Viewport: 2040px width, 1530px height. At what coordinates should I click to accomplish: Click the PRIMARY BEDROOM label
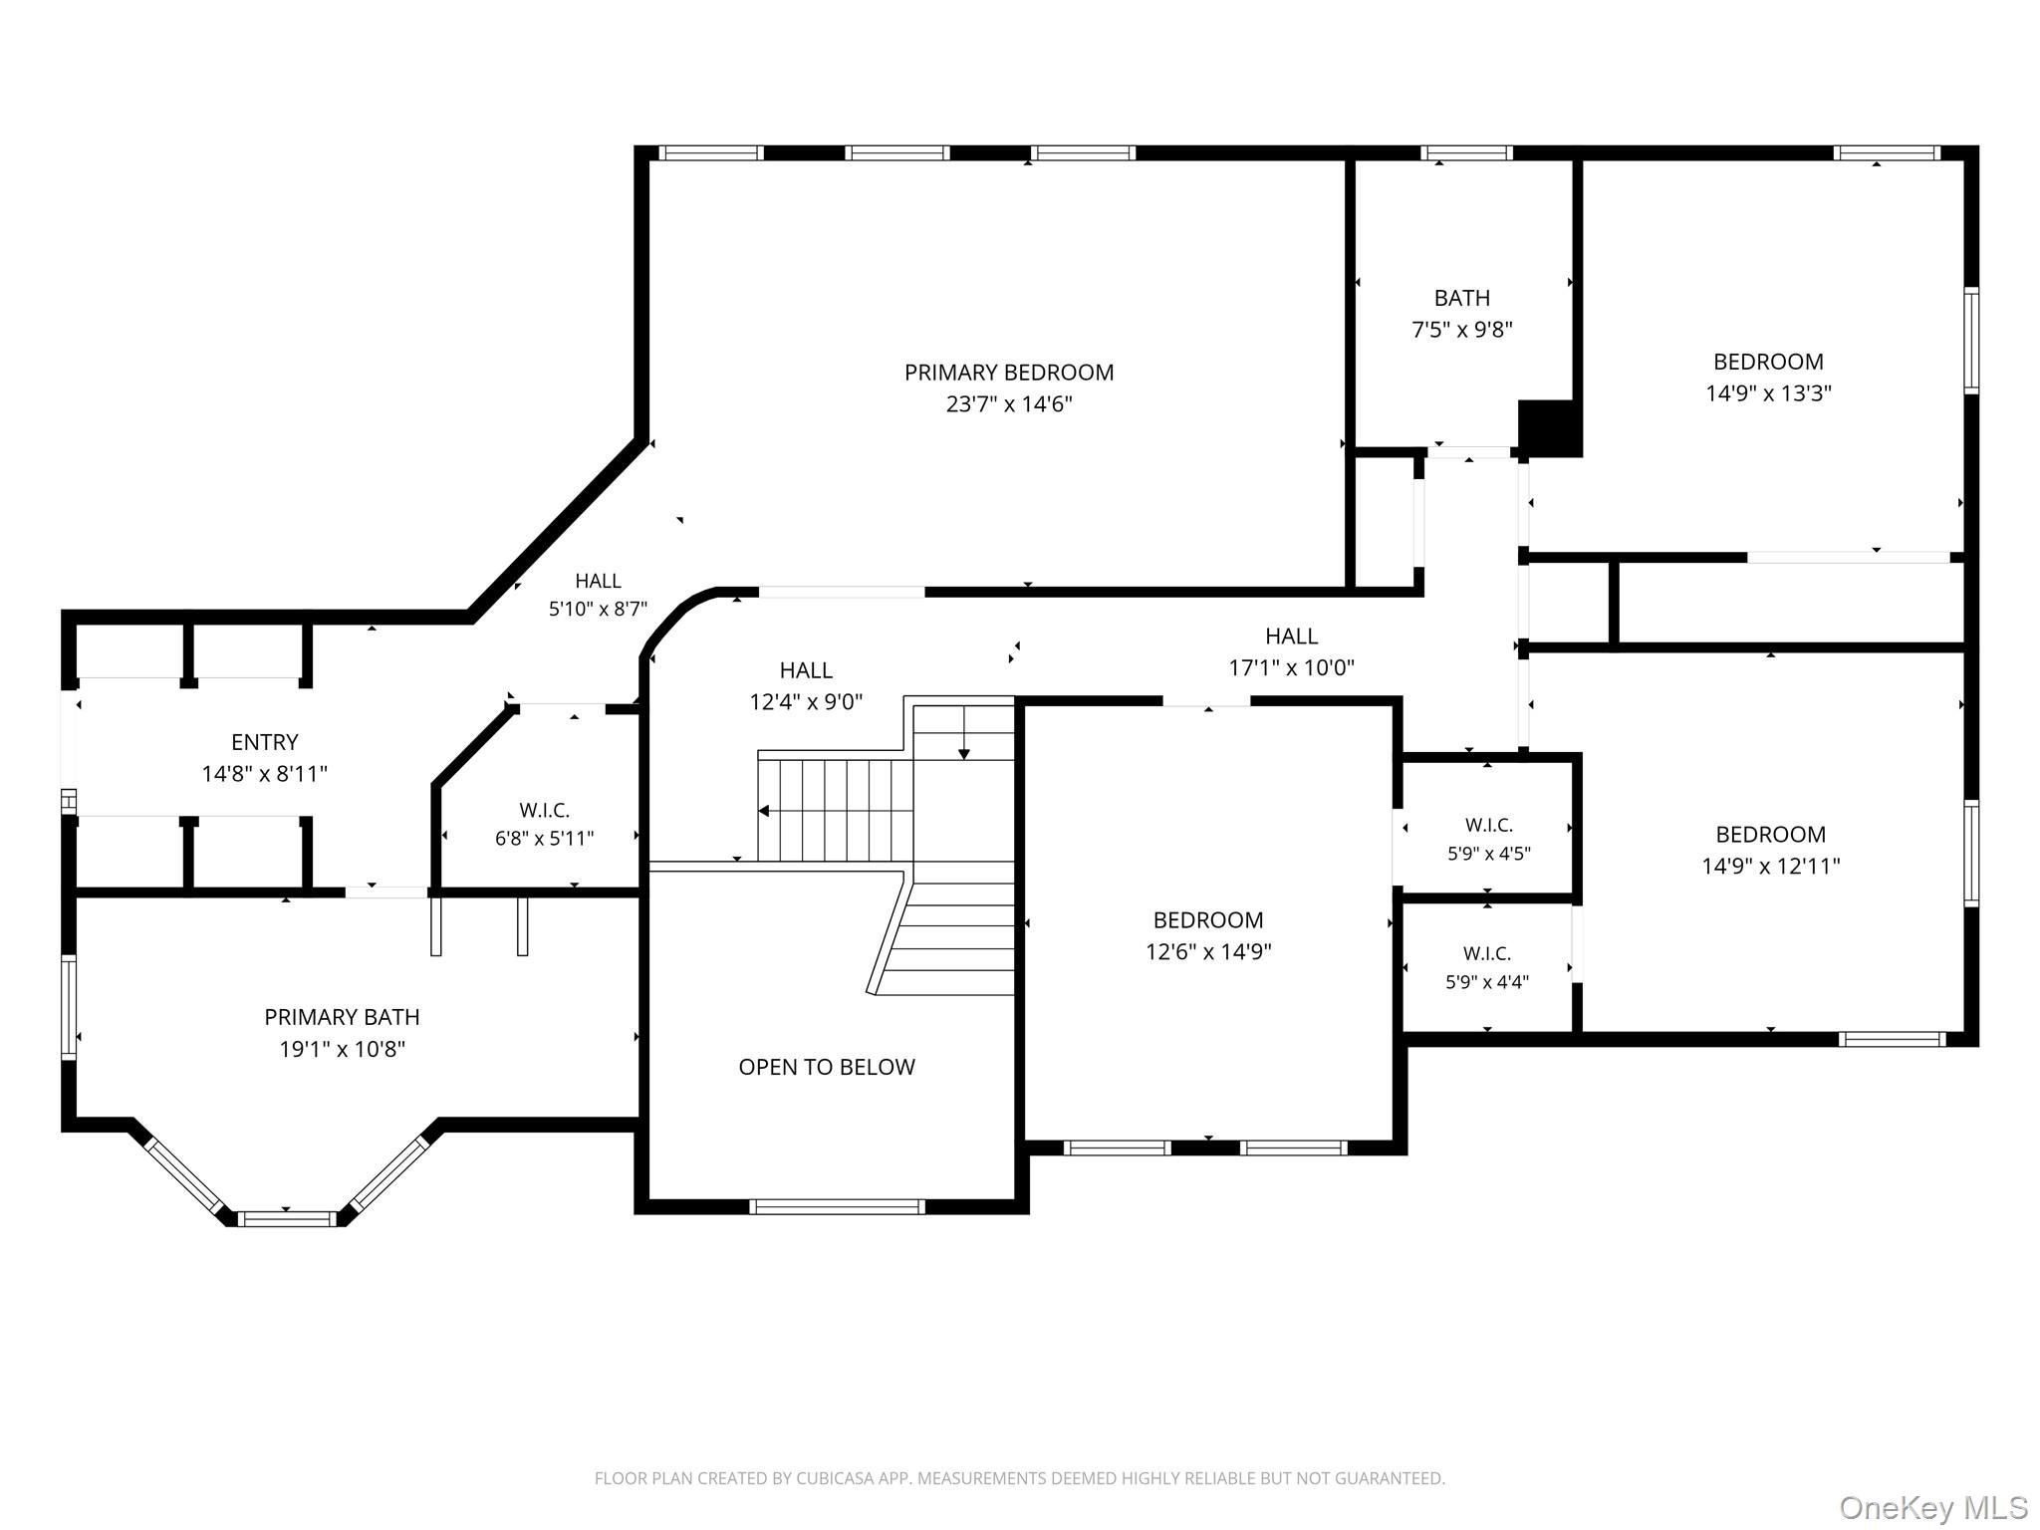1009,373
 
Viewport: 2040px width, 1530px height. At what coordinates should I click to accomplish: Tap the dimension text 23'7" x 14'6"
1009,404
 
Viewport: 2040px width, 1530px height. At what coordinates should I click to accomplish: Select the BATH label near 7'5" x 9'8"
1462,298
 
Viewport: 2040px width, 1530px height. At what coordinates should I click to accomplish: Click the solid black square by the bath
1550,428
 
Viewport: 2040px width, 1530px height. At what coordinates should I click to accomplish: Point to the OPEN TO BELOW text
827,1067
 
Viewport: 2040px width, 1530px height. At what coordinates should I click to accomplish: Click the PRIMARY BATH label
342,1017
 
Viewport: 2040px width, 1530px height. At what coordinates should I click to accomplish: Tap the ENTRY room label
265,742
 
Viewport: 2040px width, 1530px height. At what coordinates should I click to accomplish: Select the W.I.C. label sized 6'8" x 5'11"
545,811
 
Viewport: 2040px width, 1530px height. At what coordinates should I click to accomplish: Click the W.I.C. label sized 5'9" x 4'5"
1489,825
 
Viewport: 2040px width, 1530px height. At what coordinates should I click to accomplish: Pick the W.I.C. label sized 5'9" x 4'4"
1487,953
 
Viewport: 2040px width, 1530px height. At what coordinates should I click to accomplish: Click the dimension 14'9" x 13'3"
1769,393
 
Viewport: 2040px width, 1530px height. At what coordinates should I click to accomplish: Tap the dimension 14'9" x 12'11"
1771,867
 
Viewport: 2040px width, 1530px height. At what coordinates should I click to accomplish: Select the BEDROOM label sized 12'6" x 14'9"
1208,920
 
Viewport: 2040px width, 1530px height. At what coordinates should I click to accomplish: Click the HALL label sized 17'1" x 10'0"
1292,637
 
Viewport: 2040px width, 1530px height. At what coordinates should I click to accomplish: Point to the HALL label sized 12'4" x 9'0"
806,670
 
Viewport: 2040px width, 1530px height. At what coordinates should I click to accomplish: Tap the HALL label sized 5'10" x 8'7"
598,581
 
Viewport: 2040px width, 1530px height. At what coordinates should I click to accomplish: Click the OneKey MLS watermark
1932,1507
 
